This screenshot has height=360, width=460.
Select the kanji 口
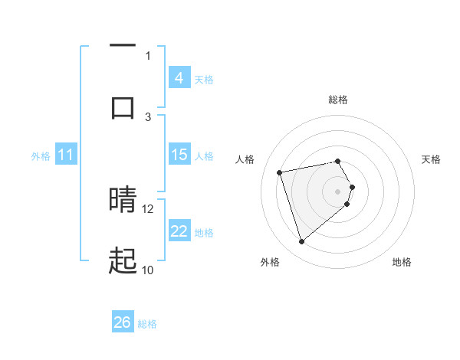[x=123, y=106]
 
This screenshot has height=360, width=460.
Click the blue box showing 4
[x=179, y=78]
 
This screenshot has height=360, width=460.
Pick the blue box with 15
[x=179, y=155]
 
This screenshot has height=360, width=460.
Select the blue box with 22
[x=179, y=231]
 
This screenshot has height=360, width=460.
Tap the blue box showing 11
[x=65, y=155]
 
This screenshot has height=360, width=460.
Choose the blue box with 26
[x=123, y=323]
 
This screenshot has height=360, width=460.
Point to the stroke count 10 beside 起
[x=148, y=270]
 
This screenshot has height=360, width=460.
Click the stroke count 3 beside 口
[x=149, y=116]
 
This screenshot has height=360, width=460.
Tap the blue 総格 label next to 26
[x=147, y=324]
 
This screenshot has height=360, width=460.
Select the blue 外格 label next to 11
[x=41, y=156]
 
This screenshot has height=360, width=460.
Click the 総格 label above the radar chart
[x=338, y=100]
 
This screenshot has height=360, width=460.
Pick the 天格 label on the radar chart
[x=432, y=159]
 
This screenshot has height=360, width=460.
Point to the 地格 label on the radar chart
[x=402, y=262]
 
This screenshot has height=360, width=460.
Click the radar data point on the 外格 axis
[x=302, y=242]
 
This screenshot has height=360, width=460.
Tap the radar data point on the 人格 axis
[x=280, y=172]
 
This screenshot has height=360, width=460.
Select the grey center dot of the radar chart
[x=337, y=191]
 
